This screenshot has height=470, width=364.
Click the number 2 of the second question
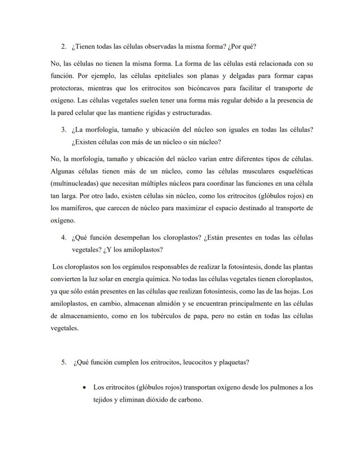63,47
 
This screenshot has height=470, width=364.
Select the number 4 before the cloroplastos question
63,237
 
